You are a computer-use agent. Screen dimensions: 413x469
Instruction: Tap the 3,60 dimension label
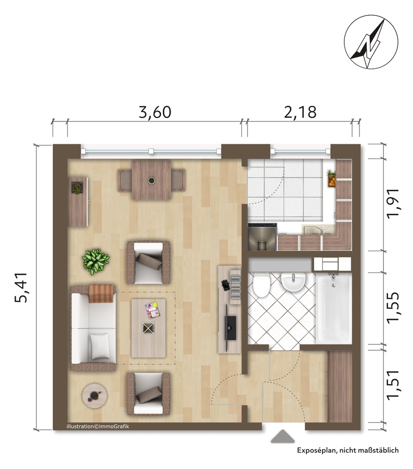(x=155, y=112)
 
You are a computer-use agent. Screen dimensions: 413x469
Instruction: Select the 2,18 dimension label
(x=300, y=112)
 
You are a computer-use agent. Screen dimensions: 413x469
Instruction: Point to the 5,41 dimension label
(x=21, y=287)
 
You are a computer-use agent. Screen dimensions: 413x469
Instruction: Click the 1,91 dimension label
(x=393, y=203)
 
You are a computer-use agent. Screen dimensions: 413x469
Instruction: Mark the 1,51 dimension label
(x=393, y=385)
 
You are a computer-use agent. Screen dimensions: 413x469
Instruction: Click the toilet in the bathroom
(x=262, y=285)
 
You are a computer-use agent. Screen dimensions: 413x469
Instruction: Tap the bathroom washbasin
(x=293, y=282)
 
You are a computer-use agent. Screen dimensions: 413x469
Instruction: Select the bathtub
(x=333, y=308)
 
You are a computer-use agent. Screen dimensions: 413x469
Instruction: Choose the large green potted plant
(x=96, y=261)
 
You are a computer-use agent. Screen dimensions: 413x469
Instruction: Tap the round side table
(x=95, y=396)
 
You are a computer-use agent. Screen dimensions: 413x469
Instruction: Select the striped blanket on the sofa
(x=101, y=293)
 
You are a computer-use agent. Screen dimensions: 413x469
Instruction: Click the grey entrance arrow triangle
(x=282, y=436)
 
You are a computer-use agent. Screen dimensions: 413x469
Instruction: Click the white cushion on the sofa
(x=100, y=347)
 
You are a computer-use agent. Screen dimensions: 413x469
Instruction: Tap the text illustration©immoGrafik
(x=98, y=426)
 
